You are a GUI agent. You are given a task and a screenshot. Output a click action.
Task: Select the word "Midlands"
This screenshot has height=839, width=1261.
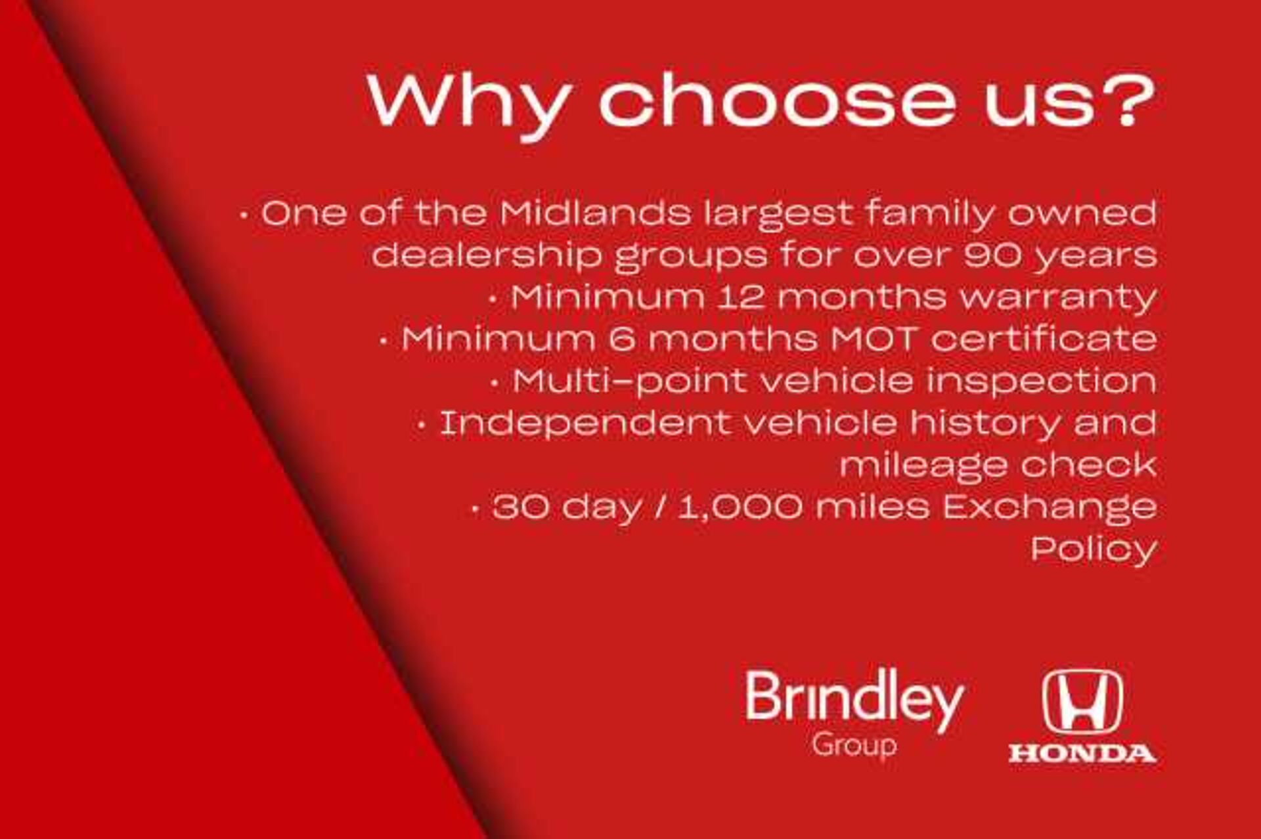click(x=595, y=214)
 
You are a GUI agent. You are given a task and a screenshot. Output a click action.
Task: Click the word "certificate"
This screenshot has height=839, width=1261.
click(x=1044, y=339)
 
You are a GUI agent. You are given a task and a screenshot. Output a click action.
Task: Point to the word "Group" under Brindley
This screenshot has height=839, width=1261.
click(x=854, y=746)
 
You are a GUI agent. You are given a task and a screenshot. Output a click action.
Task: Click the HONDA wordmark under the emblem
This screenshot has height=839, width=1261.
click(x=1082, y=754)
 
